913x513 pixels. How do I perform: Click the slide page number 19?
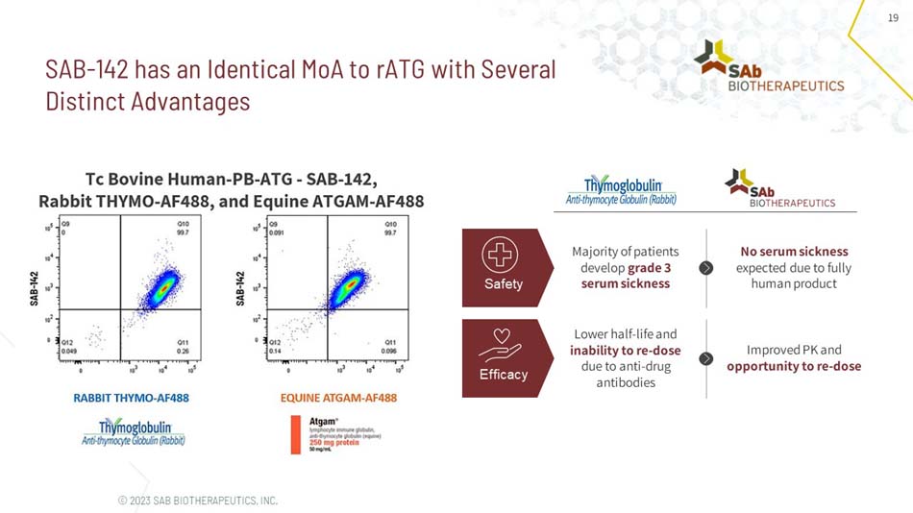point(892,18)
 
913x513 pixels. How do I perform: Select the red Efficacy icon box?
point(503,357)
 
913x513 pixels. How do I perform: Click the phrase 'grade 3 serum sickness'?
point(626,276)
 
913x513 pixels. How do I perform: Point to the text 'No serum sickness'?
point(794,252)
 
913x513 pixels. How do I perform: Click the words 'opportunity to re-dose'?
point(794,366)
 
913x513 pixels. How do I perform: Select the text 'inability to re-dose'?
point(625,351)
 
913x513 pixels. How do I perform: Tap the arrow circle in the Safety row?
point(706,268)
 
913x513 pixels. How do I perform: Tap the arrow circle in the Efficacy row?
point(706,358)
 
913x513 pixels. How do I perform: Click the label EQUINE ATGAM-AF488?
point(338,398)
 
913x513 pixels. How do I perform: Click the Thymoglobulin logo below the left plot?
point(134,431)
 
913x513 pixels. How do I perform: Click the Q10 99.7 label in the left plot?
point(182,227)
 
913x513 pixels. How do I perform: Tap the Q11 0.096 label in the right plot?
point(389,346)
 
